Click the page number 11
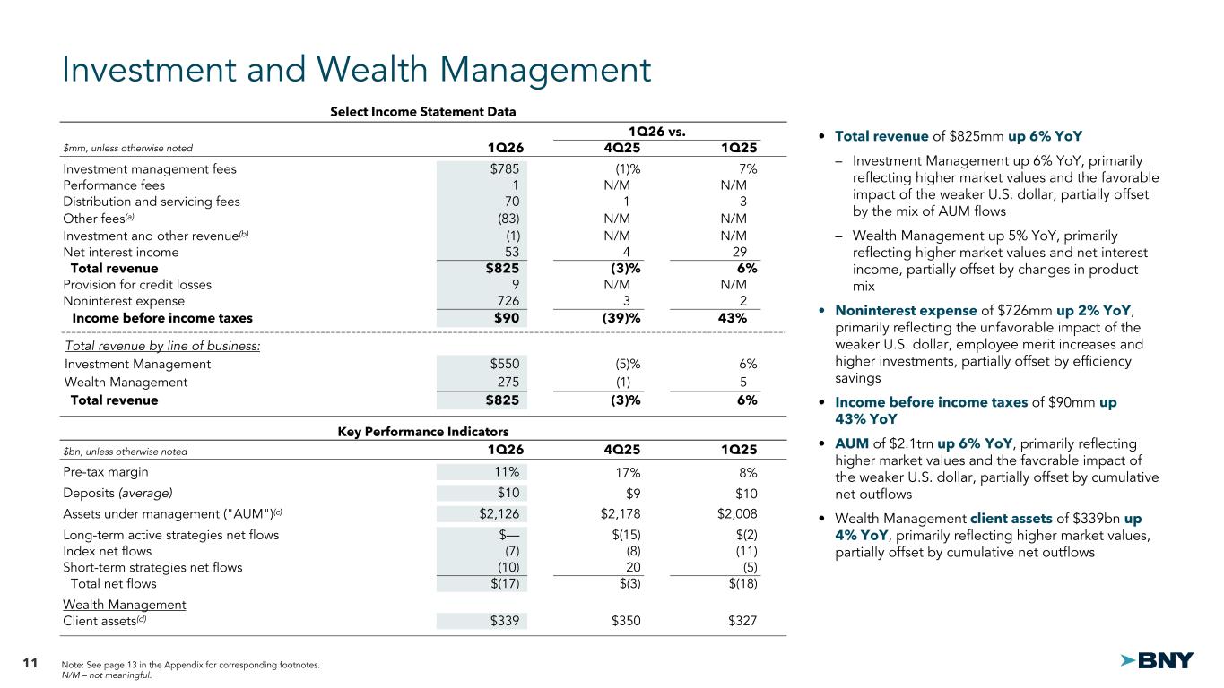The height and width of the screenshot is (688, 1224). (x=30, y=664)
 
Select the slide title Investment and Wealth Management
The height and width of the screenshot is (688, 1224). (x=356, y=71)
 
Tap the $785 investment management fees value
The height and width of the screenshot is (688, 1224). (x=502, y=168)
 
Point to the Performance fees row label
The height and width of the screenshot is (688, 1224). (x=114, y=185)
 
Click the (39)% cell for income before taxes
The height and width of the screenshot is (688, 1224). (x=622, y=318)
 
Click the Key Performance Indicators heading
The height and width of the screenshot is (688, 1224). (x=422, y=431)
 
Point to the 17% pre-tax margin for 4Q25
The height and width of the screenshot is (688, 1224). (x=627, y=472)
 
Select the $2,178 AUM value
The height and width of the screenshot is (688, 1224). (x=621, y=513)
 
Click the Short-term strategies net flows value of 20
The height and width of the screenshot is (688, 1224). (x=632, y=567)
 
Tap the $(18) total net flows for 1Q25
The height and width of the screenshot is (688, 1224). (x=740, y=584)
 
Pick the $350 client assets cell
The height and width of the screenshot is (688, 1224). (x=625, y=622)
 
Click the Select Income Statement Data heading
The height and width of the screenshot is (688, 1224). (x=422, y=112)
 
